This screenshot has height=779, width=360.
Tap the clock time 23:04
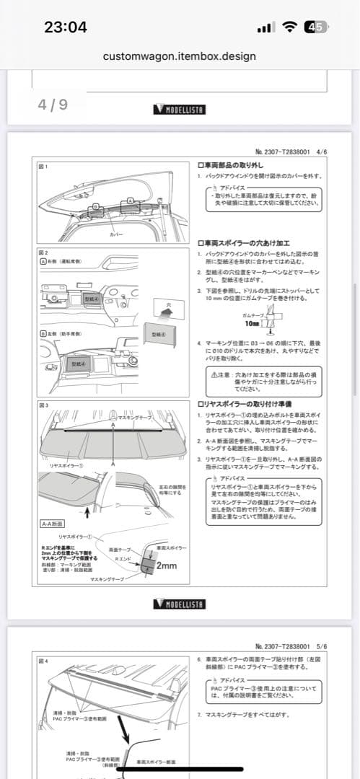(65, 27)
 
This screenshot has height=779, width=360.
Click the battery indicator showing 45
(315, 27)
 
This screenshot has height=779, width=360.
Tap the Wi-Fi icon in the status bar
(290, 27)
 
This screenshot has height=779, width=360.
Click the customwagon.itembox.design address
(180, 56)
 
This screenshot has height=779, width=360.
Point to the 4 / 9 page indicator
(53, 105)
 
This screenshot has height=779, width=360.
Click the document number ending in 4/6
(291, 152)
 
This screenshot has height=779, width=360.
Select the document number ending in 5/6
(291, 646)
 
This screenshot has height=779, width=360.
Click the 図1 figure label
(43, 166)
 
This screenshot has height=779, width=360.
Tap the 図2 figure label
(43, 253)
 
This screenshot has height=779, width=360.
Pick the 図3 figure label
(43, 405)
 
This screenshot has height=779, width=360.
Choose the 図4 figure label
(43, 660)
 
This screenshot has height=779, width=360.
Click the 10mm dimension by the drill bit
(253, 324)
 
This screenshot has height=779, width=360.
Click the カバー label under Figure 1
(115, 235)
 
